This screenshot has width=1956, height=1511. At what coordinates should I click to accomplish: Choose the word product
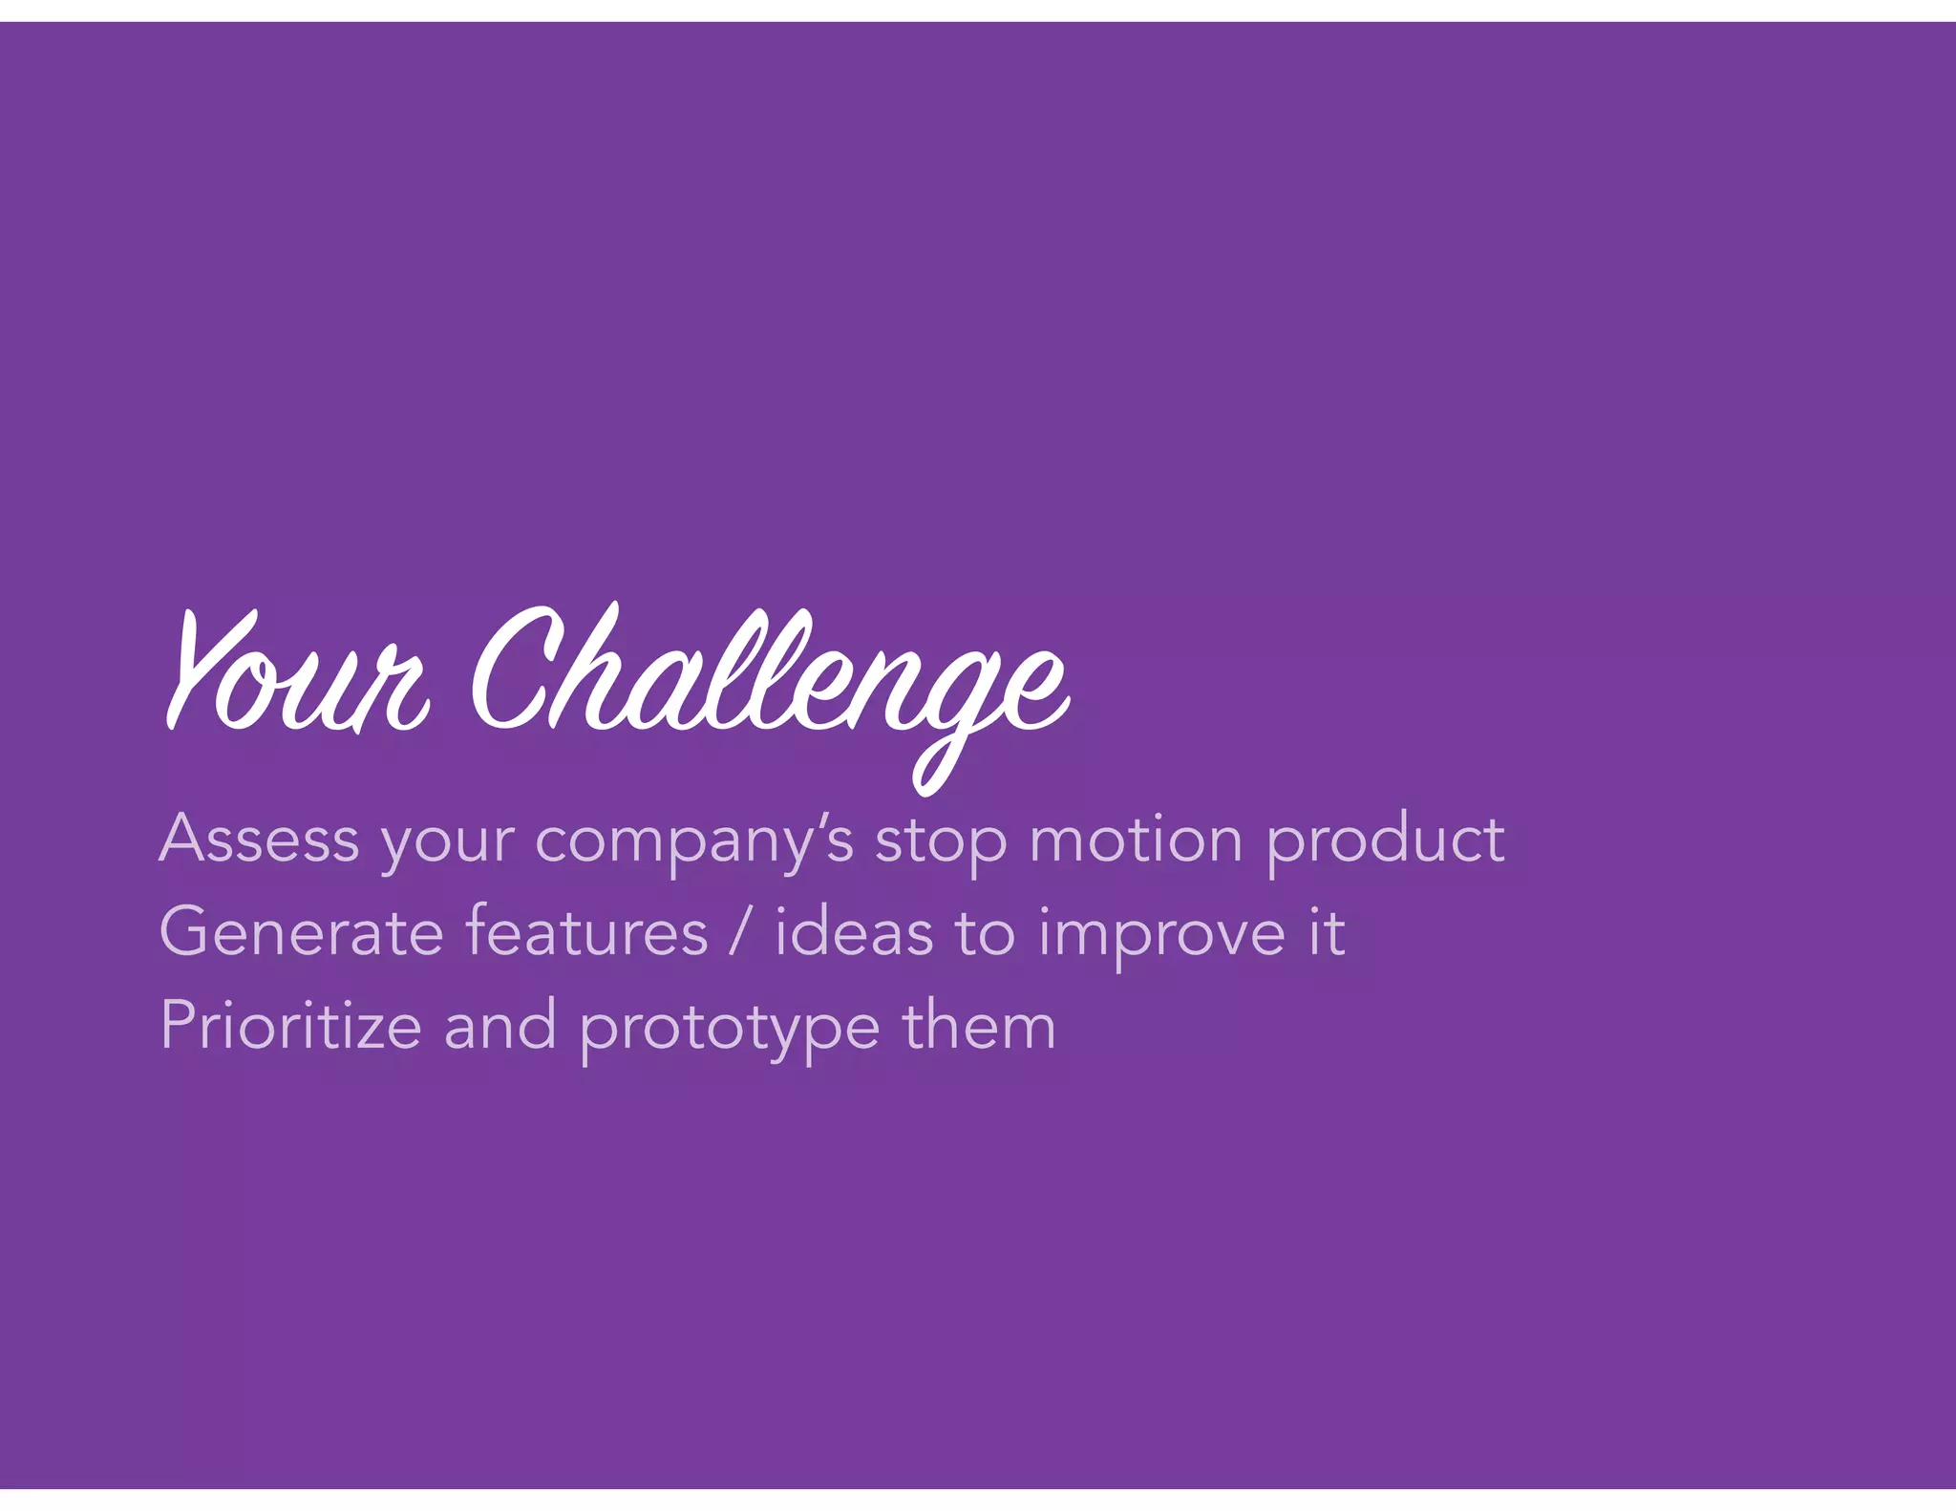1385,841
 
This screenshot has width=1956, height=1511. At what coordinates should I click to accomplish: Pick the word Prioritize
290,1025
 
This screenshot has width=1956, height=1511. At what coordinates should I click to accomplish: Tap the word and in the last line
500,1025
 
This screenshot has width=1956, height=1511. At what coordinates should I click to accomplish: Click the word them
979,1025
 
